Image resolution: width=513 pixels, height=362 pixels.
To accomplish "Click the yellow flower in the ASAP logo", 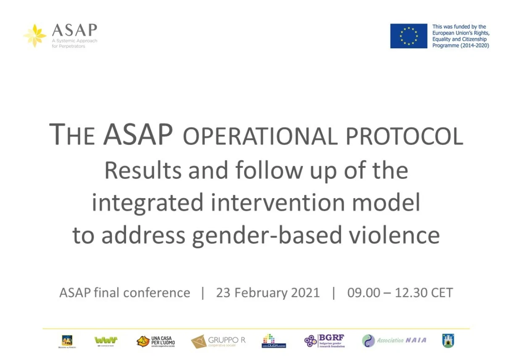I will coord(35,35).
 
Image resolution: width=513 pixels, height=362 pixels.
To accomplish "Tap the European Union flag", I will coord(408,36).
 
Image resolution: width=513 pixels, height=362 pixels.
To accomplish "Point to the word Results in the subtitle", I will coord(143,171).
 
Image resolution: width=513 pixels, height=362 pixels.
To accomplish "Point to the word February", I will coord(259,292).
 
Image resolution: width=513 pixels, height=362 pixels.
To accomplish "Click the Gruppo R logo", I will coord(218,341).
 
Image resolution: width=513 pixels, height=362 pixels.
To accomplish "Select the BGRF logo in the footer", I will coord(325,341).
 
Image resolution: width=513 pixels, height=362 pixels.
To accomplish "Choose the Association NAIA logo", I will coord(394,340).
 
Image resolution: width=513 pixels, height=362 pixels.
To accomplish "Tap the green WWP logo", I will coord(106,340).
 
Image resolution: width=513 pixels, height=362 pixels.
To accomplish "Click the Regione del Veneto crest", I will coord(67,340).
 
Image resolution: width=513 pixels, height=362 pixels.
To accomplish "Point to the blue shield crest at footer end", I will coord(448,340).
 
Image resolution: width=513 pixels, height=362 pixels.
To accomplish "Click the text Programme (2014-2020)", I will coord(460,45).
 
